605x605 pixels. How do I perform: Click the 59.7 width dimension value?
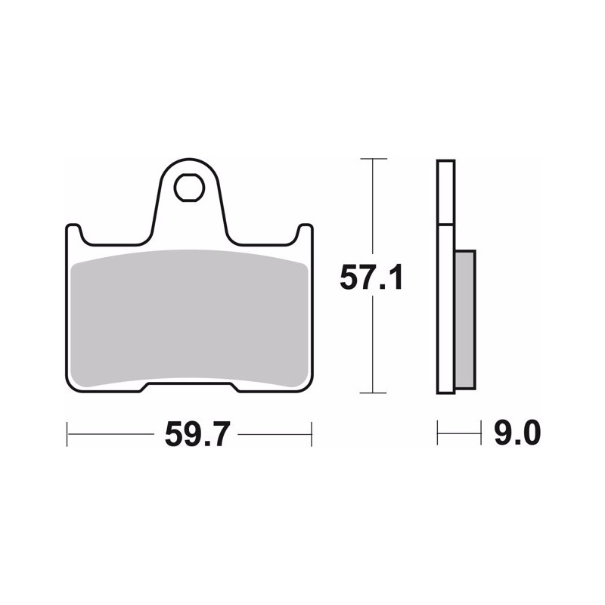click(197, 434)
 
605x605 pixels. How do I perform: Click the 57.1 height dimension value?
click(371, 277)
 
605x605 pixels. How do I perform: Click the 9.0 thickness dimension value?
click(518, 433)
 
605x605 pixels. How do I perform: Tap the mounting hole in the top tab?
click(188, 188)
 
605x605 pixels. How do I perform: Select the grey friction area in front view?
click(190, 318)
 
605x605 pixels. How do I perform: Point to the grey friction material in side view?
click(465, 319)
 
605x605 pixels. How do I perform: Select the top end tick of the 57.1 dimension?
click(373, 159)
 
